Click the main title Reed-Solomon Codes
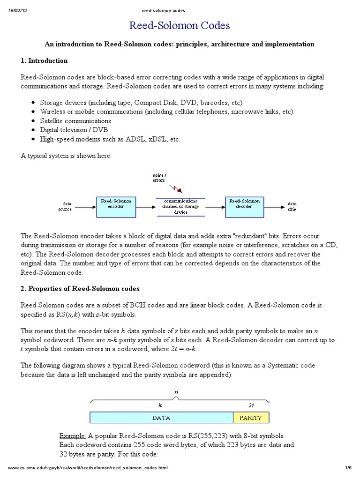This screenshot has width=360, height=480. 180,25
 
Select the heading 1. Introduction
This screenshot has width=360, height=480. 44,61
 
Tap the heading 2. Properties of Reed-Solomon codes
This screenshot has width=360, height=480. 80,288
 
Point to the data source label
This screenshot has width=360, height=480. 65,207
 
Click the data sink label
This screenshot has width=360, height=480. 292,207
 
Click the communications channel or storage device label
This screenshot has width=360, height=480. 180,206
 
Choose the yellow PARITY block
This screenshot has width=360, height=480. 251,417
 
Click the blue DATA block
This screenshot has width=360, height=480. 161,417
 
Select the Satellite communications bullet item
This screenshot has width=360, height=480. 75,121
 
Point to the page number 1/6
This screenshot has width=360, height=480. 348,468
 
